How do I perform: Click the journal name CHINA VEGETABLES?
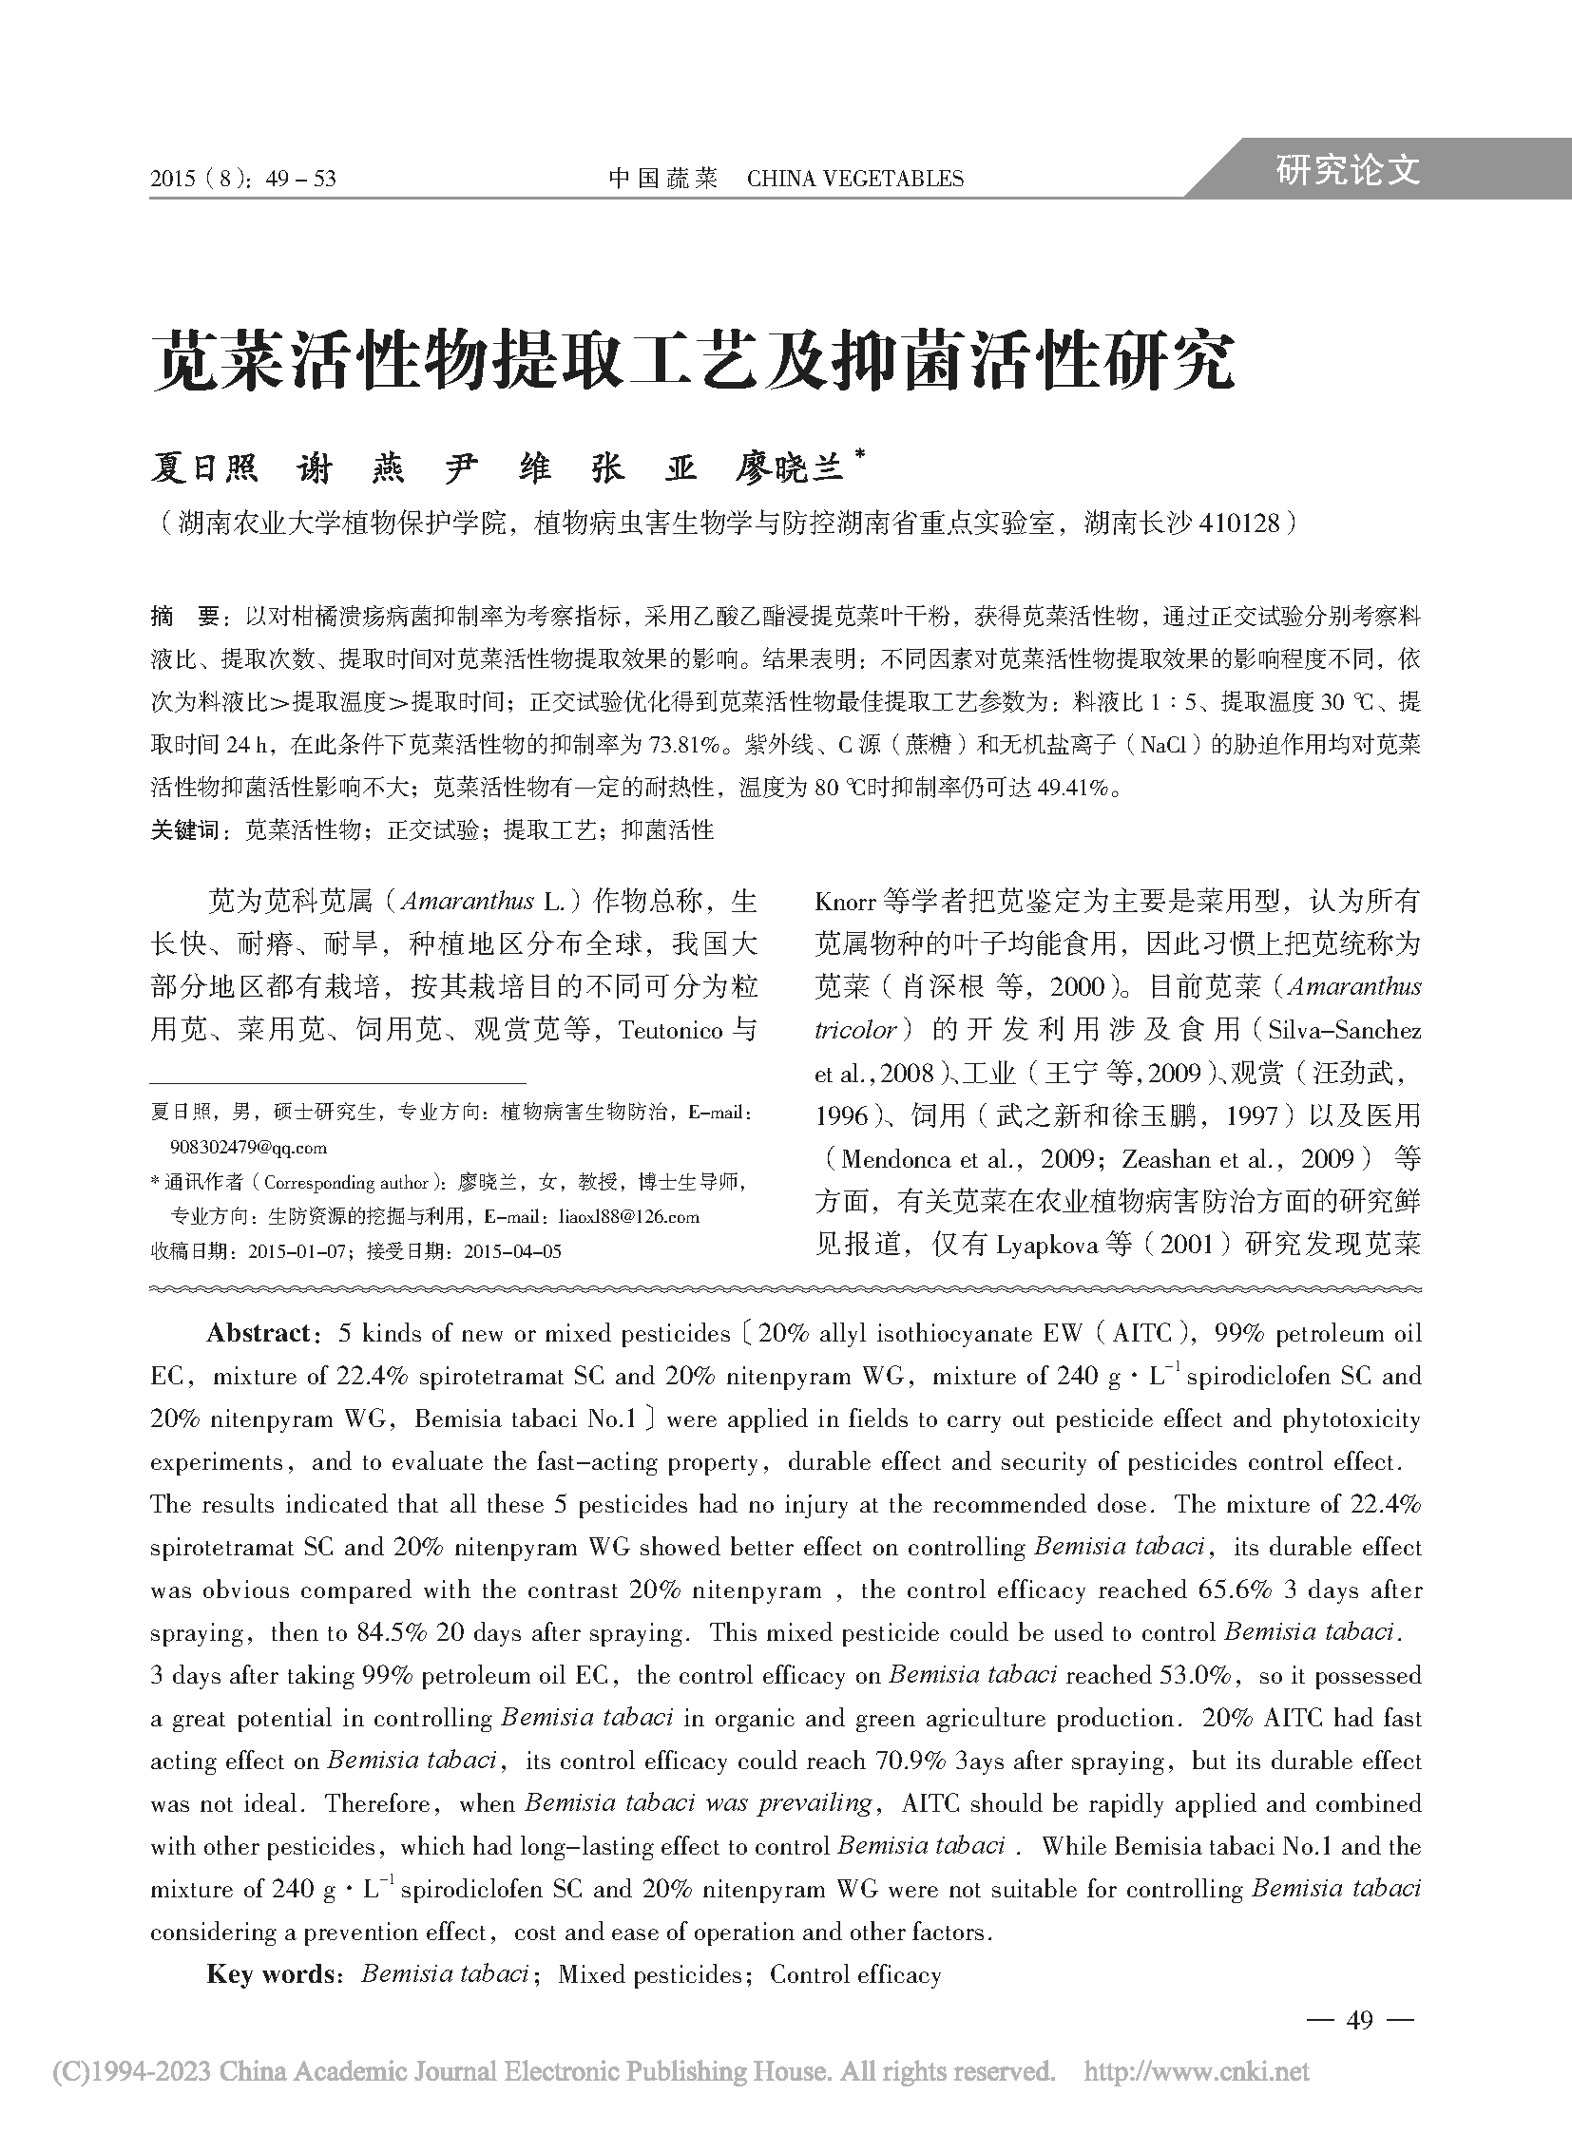click(x=854, y=179)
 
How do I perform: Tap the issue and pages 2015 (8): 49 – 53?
click(x=243, y=179)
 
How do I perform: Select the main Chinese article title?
click(x=693, y=362)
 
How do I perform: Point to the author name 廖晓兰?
click(x=790, y=468)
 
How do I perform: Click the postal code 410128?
click(x=1241, y=523)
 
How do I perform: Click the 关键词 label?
click(x=184, y=830)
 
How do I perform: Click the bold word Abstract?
click(x=258, y=1333)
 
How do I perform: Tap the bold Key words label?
click(x=270, y=1974)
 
